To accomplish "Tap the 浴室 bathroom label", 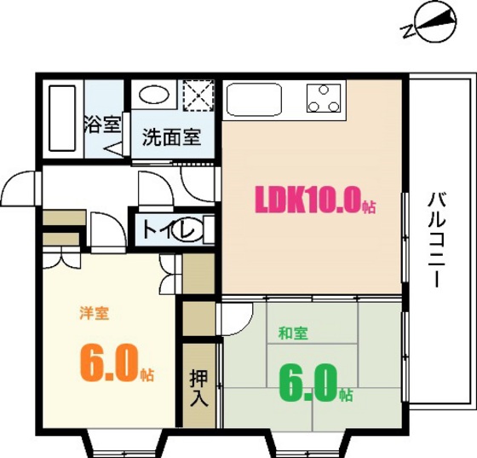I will click(x=101, y=125).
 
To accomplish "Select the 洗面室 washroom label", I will click(x=171, y=136).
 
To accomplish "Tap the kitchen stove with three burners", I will click(x=324, y=98).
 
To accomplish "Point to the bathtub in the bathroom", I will click(x=60, y=119).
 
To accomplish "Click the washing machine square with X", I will click(x=199, y=96).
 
